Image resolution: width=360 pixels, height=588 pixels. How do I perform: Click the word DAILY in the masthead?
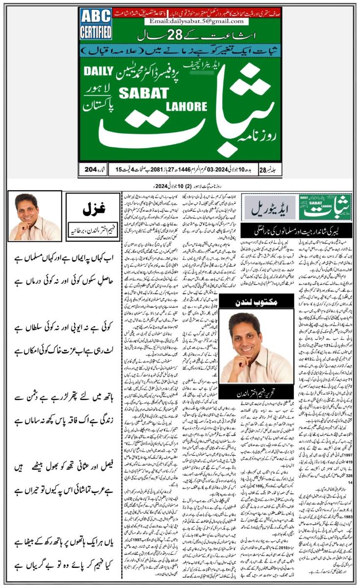98,71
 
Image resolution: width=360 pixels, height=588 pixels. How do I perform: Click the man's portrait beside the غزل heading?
34,216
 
